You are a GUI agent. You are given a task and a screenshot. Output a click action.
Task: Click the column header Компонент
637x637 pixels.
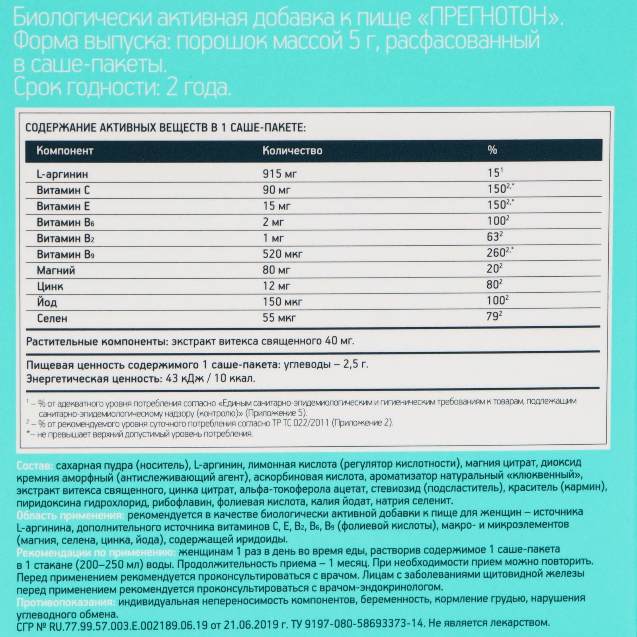64,151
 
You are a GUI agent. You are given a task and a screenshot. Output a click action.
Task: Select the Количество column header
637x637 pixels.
292,151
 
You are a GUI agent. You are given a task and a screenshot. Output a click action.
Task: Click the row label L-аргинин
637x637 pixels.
62,174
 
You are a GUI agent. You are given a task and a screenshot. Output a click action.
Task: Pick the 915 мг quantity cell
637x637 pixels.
279,174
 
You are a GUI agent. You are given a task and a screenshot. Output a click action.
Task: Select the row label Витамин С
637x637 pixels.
63,190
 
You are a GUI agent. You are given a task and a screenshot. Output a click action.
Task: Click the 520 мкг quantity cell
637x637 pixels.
282,254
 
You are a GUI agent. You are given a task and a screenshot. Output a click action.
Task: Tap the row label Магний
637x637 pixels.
56,270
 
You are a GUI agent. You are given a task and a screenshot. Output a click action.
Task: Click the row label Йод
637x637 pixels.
47,302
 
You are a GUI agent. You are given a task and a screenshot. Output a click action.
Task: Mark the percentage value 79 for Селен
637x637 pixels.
492,317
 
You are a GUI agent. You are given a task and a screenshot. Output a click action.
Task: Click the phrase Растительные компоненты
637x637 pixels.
94,342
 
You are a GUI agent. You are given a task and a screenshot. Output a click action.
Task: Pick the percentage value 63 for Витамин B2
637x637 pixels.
492,237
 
